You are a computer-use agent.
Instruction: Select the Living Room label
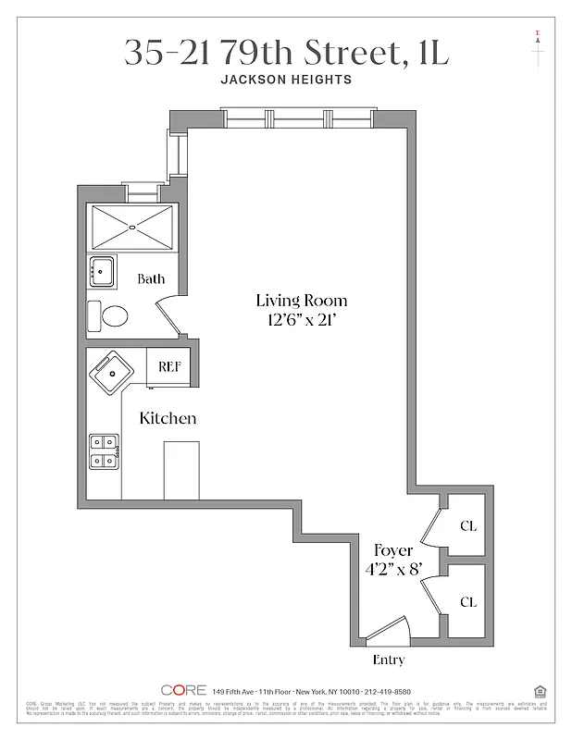[302, 300]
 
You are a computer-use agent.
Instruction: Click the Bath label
[151, 278]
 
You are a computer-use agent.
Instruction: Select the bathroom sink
[102, 272]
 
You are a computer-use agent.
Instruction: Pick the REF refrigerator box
[169, 365]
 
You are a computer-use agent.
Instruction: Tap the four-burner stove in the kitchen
[103, 450]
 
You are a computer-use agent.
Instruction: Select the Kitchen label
[168, 418]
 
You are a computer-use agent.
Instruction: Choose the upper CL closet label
[468, 525]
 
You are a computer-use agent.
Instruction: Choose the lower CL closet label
[468, 601]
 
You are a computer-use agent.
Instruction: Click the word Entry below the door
[389, 660]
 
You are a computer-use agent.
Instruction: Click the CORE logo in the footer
[182, 690]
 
